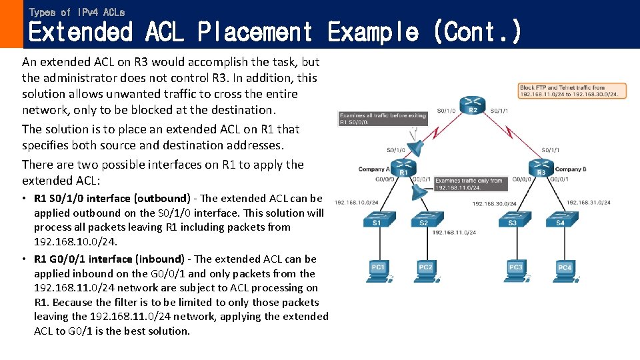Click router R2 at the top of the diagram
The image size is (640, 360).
(473, 107)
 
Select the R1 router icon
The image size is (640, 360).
(407, 169)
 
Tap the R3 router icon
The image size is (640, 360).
(541, 169)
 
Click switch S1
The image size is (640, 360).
(377, 221)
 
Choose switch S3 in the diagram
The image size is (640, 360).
(512, 221)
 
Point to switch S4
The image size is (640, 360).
(560, 221)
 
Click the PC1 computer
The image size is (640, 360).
(379, 269)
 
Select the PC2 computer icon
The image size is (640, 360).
(426, 269)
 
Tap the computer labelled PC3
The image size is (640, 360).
(515, 269)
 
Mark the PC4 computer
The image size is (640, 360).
(564, 269)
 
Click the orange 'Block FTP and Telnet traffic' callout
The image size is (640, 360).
(573, 91)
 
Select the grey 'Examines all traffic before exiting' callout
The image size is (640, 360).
(373, 119)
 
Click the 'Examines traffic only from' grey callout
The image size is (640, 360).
(469, 184)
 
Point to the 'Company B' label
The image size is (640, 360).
(570, 169)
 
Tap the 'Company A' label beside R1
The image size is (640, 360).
(372, 169)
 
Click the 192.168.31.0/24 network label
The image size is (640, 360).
(589, 203)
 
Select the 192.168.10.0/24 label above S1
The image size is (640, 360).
(357, 203)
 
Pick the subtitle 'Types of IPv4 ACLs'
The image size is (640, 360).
(77, 12)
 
